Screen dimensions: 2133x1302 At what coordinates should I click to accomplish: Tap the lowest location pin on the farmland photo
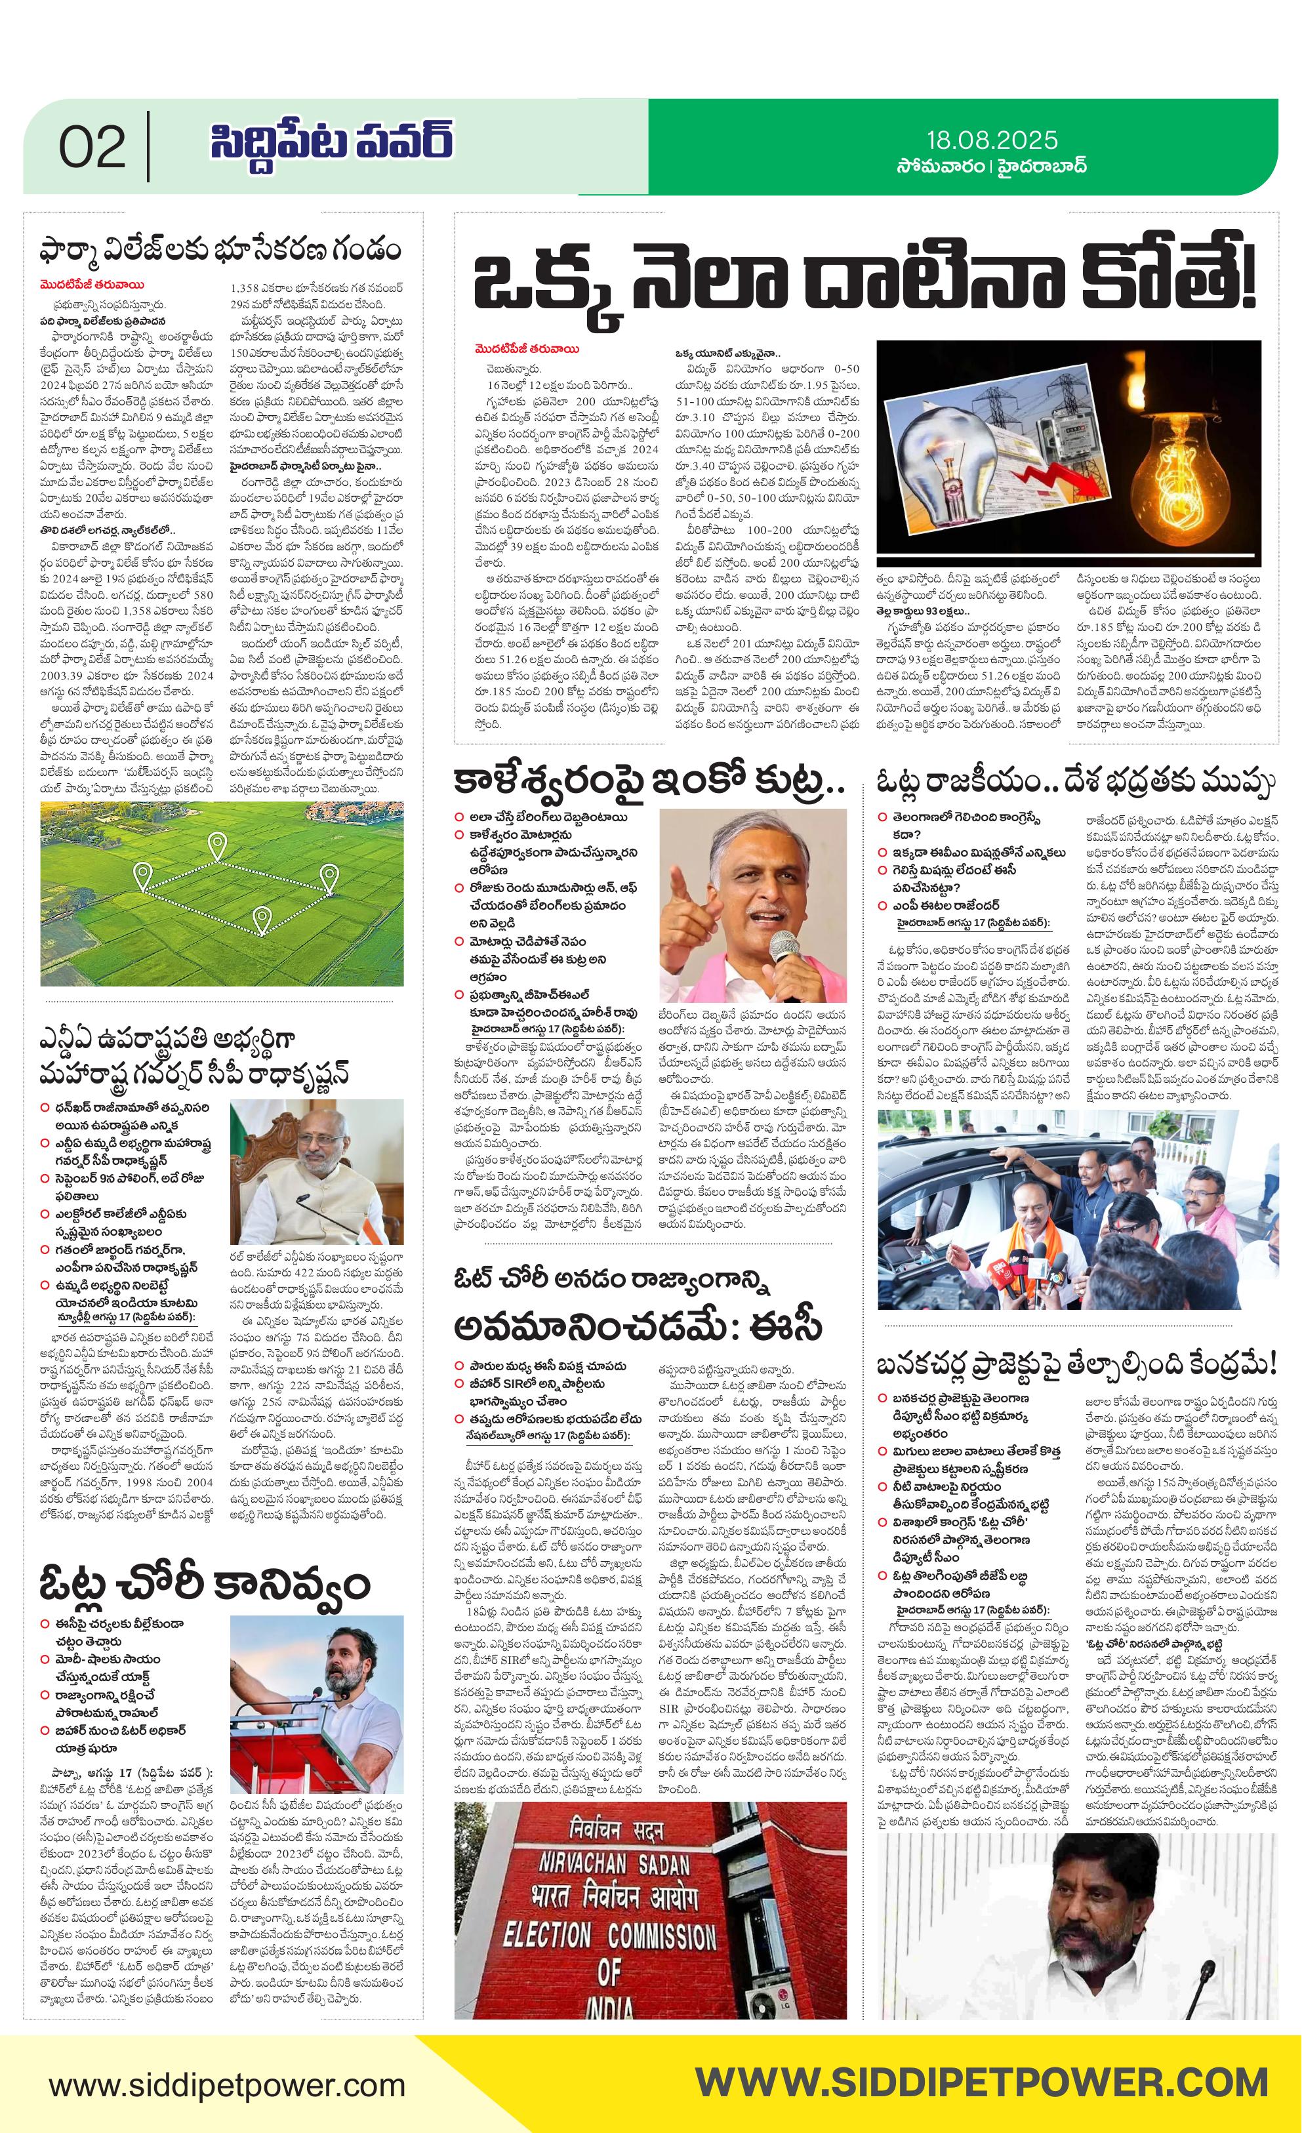(x=262, y=918)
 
